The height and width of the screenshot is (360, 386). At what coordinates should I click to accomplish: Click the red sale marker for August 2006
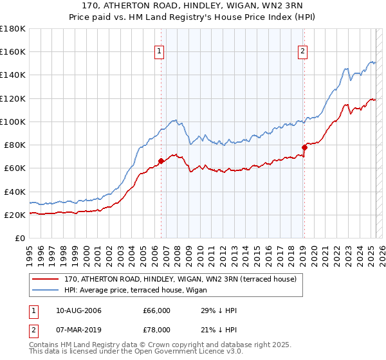[161, 161]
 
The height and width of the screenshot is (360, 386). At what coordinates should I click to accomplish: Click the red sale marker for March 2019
[304, 147]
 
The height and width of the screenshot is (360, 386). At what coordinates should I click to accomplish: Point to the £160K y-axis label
[13, 51]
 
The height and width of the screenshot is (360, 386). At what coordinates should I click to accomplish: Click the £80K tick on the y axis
[14, 145]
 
